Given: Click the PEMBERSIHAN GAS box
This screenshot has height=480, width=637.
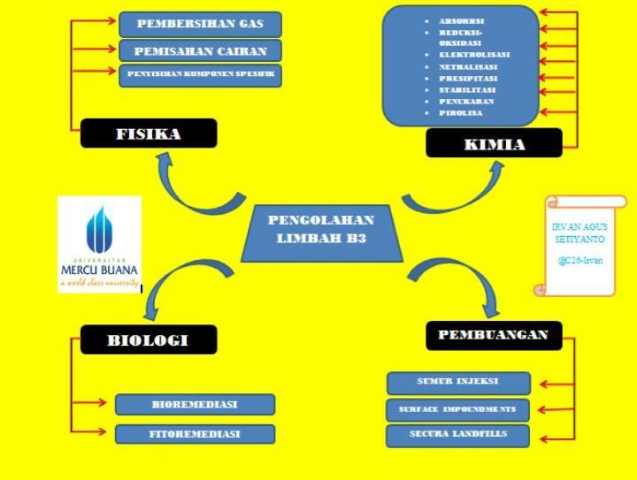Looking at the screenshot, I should click(x=199, y=24).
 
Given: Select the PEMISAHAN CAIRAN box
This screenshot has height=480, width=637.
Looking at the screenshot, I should click(x=199, y=50).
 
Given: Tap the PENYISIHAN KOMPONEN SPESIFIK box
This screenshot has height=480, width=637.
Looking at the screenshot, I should click(x=199, y=75).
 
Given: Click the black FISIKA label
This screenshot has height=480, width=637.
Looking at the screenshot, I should click(x=149, y=134).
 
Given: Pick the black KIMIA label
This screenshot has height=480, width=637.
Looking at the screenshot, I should click(x=494, y=144).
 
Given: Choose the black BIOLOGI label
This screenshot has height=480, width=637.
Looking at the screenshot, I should click(x=148, y=339).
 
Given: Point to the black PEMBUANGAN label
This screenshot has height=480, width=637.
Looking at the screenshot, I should click(x=493, y=335).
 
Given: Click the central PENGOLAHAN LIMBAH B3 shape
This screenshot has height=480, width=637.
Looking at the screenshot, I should click(x=320, y=230).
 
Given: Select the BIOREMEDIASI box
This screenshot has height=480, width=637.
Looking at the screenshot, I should click(x=195, y=405).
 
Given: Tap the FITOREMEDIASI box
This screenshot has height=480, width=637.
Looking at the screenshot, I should click(x=195, y=434).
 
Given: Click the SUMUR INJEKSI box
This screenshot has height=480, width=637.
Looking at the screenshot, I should click(x=458, y=383).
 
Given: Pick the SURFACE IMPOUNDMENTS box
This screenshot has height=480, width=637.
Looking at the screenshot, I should click(x=458, y=410).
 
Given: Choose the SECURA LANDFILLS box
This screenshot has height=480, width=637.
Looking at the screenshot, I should click(x=458, y=436).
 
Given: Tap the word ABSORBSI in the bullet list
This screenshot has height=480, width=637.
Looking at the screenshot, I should click(x=461, y=20).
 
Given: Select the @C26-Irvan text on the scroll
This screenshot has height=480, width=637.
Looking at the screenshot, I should click(x=580, y=262).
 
